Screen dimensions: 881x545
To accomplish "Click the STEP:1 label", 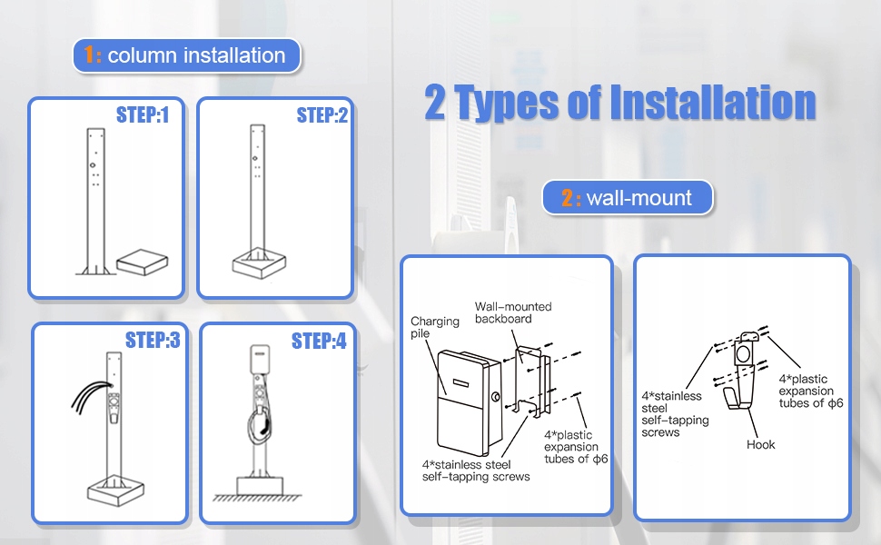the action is coord(143,114).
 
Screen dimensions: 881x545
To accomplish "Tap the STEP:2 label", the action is coord(322,114).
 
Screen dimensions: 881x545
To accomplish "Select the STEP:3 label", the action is coord(153,340).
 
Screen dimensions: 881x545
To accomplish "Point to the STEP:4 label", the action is coord(319,341).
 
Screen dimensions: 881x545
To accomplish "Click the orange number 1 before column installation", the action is coord(89,55).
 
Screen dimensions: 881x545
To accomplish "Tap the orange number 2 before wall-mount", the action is coord(568,198).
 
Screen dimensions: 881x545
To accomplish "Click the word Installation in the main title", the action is coord(712,103).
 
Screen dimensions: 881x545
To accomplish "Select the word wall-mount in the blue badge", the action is coord(638,198).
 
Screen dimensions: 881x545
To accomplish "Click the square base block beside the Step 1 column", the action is coord(143,263).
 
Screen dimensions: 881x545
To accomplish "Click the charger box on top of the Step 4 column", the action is coord(259,359).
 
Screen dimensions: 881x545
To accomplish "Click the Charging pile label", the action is coord(434,327).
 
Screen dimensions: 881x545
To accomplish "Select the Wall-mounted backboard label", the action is coord(513,312).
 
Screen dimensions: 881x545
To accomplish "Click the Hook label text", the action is coord(760,444).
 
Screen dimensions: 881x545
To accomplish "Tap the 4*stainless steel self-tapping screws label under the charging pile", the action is coord(476,471).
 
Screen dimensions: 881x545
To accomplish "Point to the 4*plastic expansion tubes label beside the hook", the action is coord(810,391).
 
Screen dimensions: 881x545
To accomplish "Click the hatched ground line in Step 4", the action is coord(257,498).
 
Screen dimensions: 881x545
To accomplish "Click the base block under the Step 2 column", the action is coord(259,263).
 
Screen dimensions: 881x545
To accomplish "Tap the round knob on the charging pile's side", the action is coord(496,397).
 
